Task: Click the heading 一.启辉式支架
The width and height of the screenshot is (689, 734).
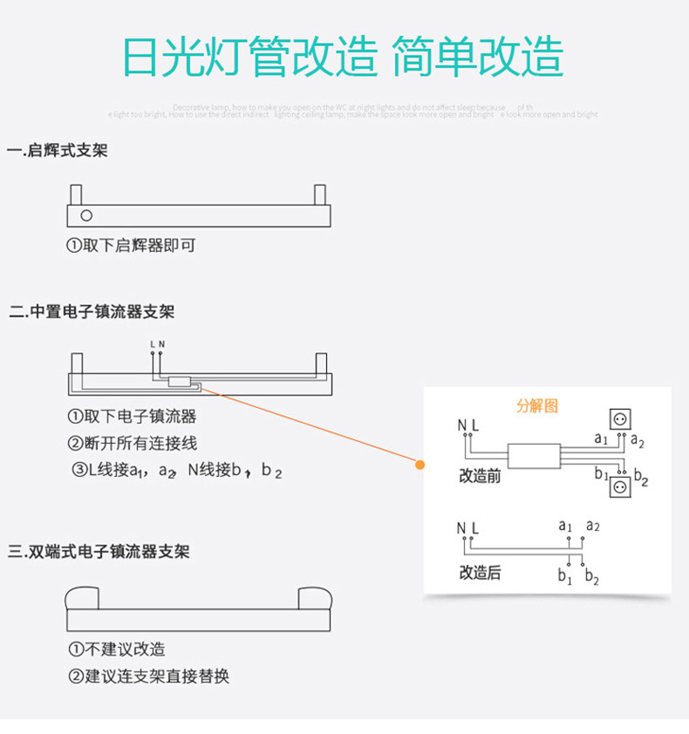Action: pos(58,151)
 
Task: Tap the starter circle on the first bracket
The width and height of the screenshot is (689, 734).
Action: pos(85,215)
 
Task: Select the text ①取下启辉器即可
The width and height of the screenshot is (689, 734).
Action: pos(132,246)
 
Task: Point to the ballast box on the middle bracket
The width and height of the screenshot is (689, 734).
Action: pos(181,381)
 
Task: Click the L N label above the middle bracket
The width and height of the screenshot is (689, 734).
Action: pos(157,344)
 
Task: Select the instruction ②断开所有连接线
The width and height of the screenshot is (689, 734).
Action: pos(133,443)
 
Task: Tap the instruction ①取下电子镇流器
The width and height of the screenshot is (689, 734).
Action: pos(133,417)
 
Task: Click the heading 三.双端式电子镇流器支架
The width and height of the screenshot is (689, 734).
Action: pos(99,552)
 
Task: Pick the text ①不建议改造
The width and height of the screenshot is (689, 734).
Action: pos(117,649)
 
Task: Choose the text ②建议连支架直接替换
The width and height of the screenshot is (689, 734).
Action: pos(149,676)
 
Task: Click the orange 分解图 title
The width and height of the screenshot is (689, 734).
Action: pos(536,405)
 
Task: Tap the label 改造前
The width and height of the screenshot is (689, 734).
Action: pos(480,478)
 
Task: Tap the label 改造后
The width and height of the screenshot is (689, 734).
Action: pos(480,574)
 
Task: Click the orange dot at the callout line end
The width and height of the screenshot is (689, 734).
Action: pos(420,465)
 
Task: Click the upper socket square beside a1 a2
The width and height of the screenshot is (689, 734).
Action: pos(620,419)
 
